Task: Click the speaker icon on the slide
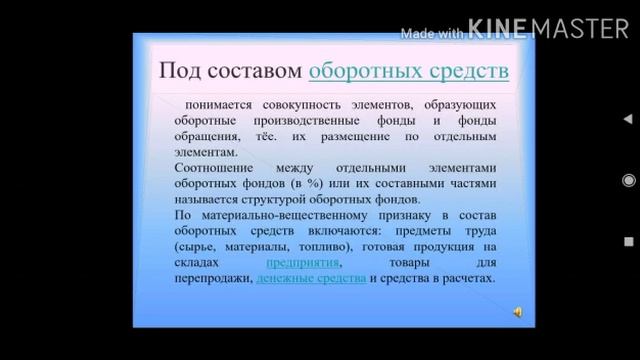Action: click(x=517, y=312)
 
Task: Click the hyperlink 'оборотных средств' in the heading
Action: click(x=408, y=71)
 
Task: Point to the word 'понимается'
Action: click(x=217, y=104)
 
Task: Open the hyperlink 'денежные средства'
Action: click(x=311, y=277)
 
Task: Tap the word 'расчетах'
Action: click(x=467, y=277)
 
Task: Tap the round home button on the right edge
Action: click(x=628, y=180)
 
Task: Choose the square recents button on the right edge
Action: click(x=628, y=241)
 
